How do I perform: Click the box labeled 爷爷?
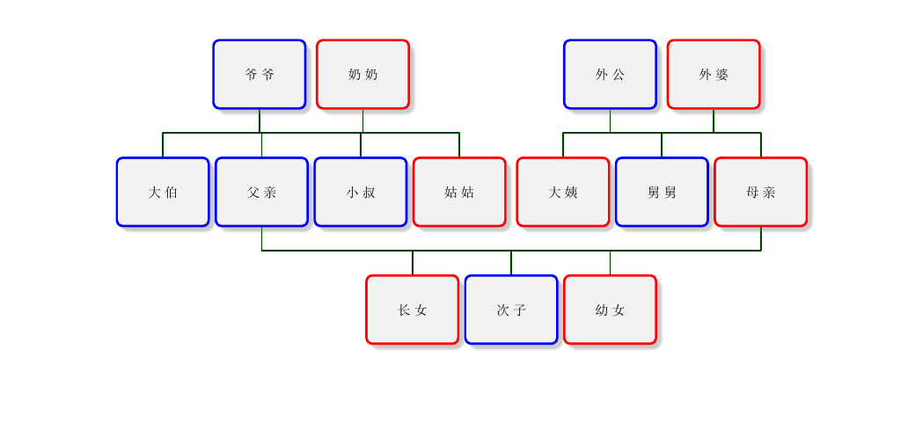259,75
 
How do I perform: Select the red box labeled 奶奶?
362,75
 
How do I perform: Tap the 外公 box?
610,75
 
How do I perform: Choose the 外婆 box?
714,75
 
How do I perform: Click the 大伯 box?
163,193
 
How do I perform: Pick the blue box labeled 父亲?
261,193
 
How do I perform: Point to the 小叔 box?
361,193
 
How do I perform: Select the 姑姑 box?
459,193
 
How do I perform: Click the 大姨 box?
563,193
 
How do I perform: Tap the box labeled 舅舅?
662,193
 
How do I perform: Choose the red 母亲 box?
761,193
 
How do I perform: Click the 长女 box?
413,310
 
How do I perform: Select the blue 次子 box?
511,310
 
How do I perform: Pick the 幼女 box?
610,310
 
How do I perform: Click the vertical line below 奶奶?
362,121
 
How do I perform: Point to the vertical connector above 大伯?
163,145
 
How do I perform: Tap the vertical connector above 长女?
413,263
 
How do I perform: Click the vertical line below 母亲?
761,238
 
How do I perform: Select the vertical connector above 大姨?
563,145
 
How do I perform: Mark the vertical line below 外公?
610,121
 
